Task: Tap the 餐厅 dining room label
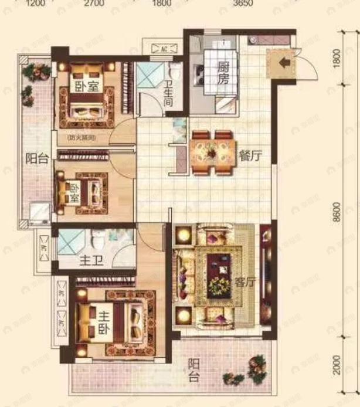click(250, 155)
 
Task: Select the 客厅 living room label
click(245, 282)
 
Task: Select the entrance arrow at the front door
click(284, 63)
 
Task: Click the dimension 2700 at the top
click(94, 4)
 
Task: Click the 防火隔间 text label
click(81, 138)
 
